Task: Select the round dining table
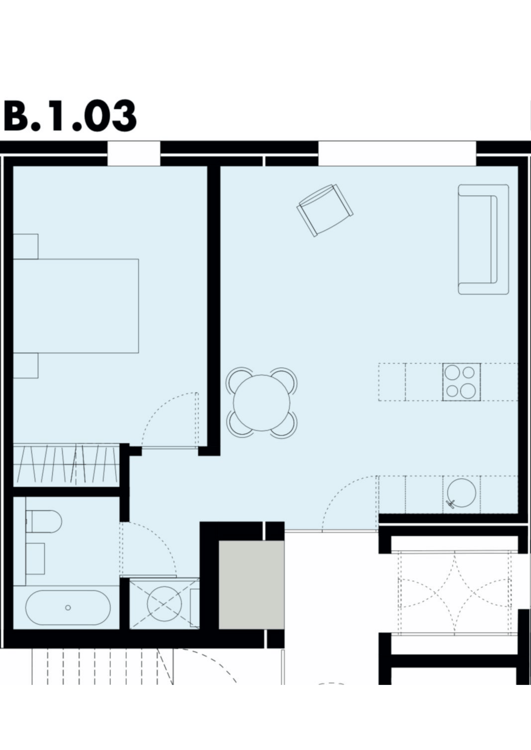[262, 403]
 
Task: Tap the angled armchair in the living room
[325, 210]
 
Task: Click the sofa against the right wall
[483, 239]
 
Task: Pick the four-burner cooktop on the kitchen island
[462, 382]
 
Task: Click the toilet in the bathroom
[43, 521]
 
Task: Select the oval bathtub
[68, 608]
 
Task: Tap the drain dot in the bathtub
[68, 608]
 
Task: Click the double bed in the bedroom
[76, 306]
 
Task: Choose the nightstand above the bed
[25, 246]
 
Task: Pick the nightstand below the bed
[25, 366]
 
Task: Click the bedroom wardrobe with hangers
[66, 465]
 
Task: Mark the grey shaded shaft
[251, 585]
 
